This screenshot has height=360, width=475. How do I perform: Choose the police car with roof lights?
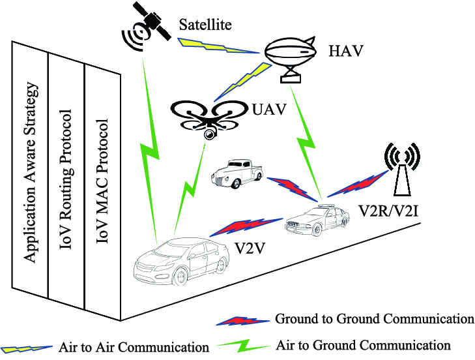coord(315,220)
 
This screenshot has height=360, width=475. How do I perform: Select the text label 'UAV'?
coord(268,109)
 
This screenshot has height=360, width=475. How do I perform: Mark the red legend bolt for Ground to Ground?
coord(242,320)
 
